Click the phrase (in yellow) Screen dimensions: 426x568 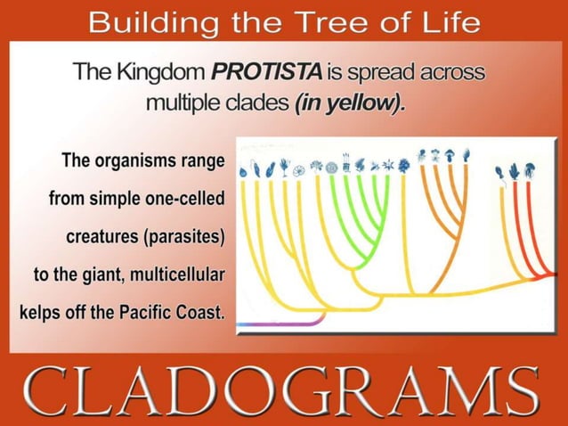click(x=349, y=102)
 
